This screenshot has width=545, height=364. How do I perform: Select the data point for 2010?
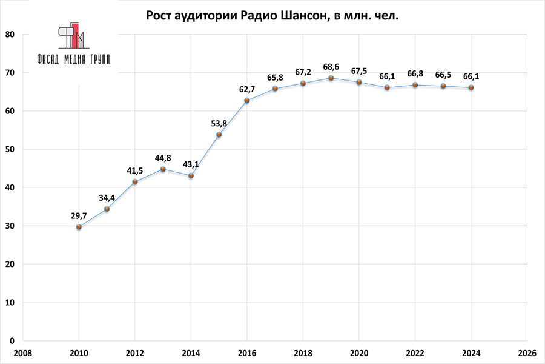click(x=79, y=227)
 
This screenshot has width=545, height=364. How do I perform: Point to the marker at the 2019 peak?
click(x=331, y=78)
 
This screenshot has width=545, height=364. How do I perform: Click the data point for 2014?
click(x=191, y=175)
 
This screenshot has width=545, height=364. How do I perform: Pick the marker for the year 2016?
click(x=246, y=101)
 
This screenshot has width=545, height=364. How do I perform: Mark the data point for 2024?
click(x=471, y=87)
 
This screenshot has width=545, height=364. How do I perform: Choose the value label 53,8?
click(x=219, y=124)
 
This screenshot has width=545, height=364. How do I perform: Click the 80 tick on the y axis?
click(x=10, y=35)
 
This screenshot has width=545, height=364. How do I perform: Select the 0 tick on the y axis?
click(x=12, y=340)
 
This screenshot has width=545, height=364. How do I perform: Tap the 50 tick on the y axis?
click(x=10, y=149)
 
